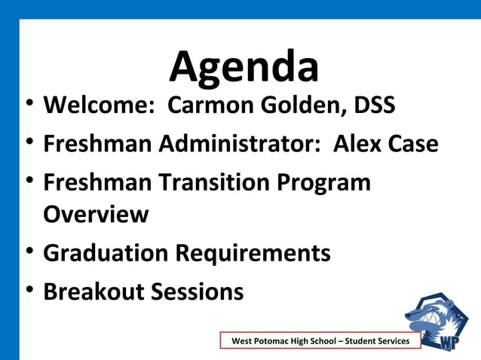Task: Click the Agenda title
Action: [x=244, y=66]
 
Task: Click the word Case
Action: [x=412, y=143]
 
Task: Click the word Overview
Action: [x=96, y=215]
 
